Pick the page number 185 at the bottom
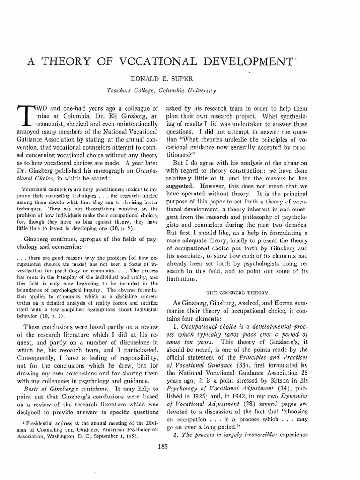coord(180,452)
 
